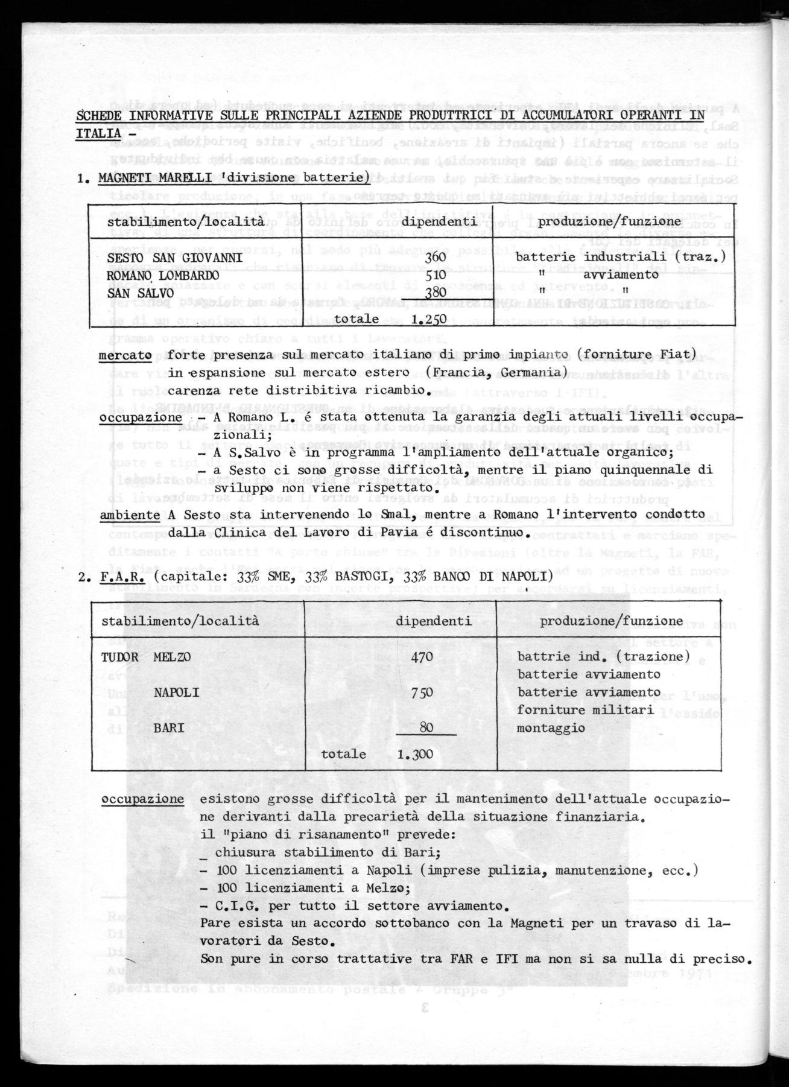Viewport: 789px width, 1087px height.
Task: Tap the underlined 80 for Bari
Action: tap(426, 727)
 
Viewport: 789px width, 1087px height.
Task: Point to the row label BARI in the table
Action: tap(170, 727)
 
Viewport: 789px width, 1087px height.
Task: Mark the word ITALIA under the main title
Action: tap(97, 133)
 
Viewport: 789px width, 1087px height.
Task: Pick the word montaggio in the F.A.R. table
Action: tap(551, 727)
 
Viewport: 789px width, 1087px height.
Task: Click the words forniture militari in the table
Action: tap(585, 710)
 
